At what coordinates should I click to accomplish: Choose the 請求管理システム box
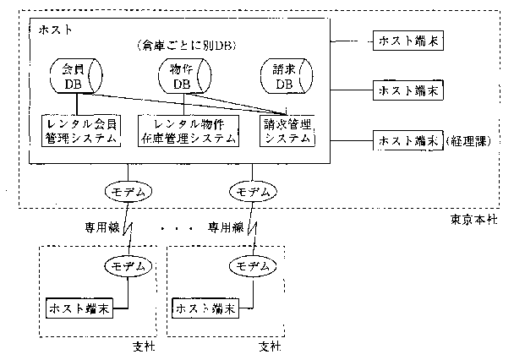pyautogui.click(x=287, y=131)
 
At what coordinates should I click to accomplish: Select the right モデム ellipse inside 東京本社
pyautogui.click(x=254, y=192)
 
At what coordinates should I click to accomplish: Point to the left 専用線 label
pyautogui.click(x=99, y=226)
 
